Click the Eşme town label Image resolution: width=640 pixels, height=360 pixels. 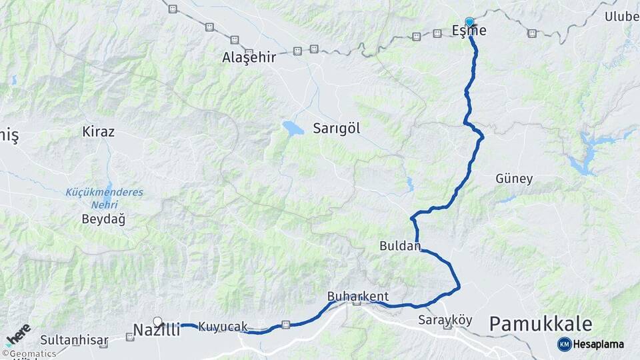point(469,31)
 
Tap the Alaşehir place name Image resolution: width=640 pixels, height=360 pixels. point(249,57)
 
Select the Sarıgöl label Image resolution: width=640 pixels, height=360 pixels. point(337,129)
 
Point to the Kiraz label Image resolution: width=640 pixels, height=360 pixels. point(98,131)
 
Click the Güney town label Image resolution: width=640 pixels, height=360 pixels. point(514,179)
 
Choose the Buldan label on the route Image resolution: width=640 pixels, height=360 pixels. point(400,245)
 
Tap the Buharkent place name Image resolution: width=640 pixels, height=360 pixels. point(357,296)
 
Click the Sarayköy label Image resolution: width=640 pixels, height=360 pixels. point(445,320)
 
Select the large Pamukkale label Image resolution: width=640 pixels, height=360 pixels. point(541,325)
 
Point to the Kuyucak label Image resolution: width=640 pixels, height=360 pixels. point(223,327)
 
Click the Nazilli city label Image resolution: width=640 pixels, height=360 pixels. point(156,329)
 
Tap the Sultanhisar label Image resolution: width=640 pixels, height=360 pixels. point(74,341)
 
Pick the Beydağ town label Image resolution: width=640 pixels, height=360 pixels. point(103,218)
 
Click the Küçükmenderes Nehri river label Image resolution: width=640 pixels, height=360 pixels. point(104,197)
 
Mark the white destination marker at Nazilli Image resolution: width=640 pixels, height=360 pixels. point(158,321)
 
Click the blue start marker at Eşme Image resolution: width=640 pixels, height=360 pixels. point(469,22)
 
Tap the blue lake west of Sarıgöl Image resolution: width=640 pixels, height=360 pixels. point(293,128)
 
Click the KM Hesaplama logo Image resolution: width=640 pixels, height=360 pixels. point(591,344)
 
